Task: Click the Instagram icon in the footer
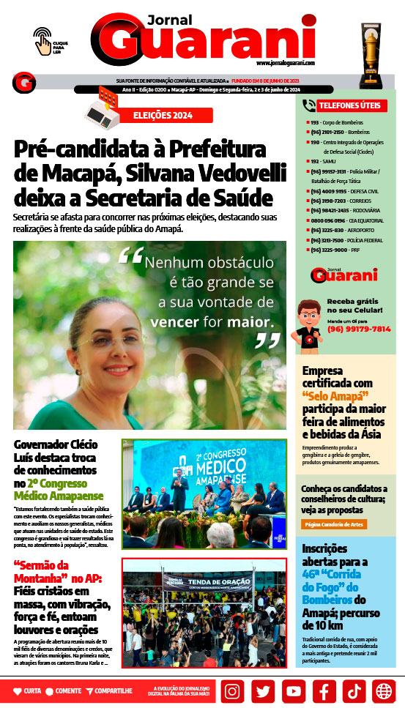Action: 232,690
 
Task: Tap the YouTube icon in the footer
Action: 293,690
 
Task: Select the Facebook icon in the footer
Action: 323,690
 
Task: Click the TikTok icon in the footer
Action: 353,690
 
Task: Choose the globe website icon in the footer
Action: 383,690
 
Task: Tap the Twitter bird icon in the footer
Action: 263,690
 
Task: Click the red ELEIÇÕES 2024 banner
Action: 163,115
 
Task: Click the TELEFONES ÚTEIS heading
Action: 349,105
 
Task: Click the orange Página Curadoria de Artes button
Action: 335,524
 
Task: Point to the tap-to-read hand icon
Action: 43,40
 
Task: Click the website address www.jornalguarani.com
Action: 286,63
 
